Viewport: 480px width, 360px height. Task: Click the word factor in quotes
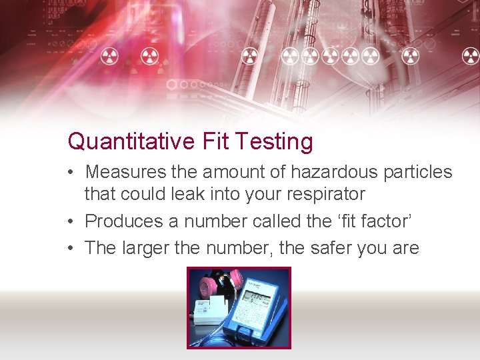click(389, 221)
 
